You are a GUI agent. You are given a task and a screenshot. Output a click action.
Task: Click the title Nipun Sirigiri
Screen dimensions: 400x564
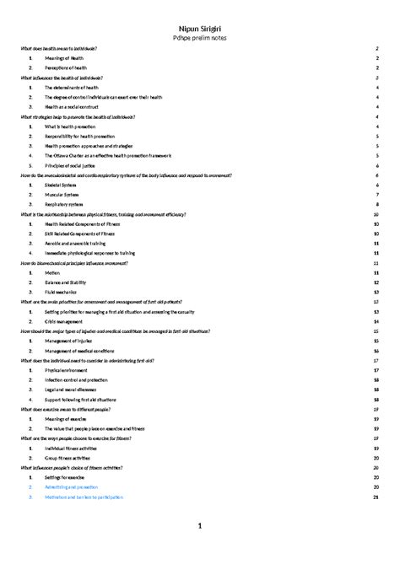200,28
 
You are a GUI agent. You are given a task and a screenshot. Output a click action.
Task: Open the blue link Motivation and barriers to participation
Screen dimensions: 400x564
91,497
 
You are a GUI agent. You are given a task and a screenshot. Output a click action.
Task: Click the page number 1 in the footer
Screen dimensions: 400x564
200,527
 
